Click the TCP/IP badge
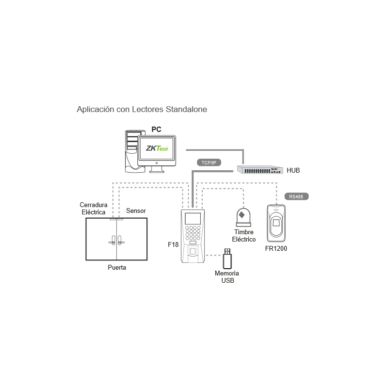[x=209, y=162]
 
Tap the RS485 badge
[x=296, y=196]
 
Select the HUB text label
[x=293, y=170]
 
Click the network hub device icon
[x=260, y=170]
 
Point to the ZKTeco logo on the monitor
[x=157, y=148]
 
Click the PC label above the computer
[x=156, y=129]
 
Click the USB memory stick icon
[x=227, y=259]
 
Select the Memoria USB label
[x=227, y=277]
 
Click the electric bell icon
[x=243, y=217]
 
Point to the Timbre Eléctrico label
[x=244, y=236]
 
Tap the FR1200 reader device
[x=276, y=223]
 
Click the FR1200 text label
[x=276, y=248]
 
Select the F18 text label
[x=173, y=244]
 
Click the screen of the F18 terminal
[x=193, y=219]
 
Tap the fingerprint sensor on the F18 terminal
[x=193, y=252]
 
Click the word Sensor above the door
[x=136, y=210]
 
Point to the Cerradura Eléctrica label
[x=94, y=209]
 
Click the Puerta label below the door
[x=117, y=267]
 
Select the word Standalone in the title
[x=186, y=109]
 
